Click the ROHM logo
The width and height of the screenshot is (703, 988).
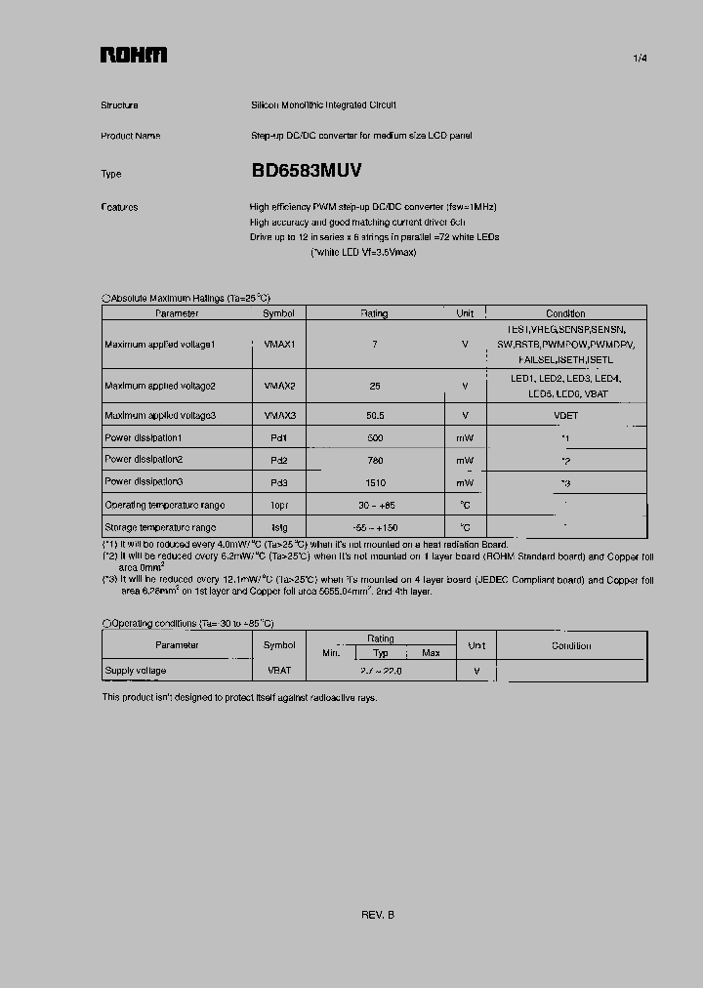click(x=133, y=56)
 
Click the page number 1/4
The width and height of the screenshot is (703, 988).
click(x=640, y=59)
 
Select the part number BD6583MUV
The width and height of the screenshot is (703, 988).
click(x=307, y=170)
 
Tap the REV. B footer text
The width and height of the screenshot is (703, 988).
click(x=378, y=915)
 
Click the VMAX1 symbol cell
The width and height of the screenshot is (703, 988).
click(x=279, y=345)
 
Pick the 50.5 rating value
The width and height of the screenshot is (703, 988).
click(x=374, y=415)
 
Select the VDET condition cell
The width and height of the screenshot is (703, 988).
click(x=565, y=415)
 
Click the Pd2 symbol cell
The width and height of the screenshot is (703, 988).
click(x=279, y=460)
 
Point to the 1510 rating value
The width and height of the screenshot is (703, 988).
click(x=374, y=482)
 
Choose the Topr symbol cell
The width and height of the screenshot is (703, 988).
click(x=279, y=505)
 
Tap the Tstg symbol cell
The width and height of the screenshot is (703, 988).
click(x=279, y=527)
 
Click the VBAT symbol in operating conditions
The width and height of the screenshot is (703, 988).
click(x=279, y=671)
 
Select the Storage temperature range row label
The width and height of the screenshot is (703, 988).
click(x=160, y=527)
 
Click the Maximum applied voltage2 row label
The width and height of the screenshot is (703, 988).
click(x=160, y=386)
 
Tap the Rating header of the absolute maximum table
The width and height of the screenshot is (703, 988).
click(x=374, y=313)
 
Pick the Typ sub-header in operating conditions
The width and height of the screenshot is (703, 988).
click(x=381, y=653)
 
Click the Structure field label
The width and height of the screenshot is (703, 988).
click(x=119, y=105)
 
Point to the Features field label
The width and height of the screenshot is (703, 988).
click(x=119, y=207)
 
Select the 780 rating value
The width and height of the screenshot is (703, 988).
click(x=374, y=460)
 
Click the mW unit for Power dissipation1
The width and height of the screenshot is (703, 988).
click(x=465, y=437)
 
